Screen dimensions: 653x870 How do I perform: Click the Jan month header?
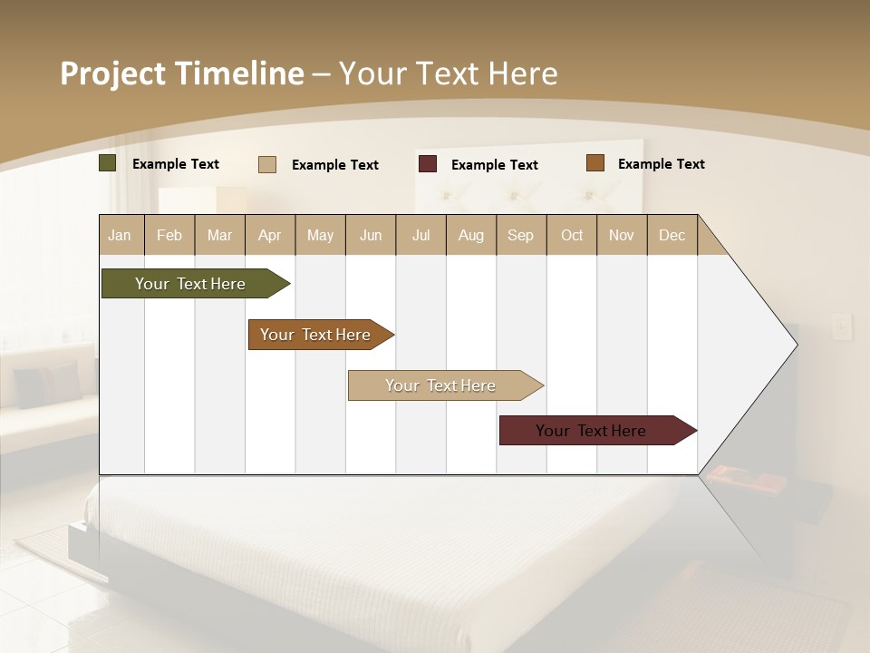coord(121,235)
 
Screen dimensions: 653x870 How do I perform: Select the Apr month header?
coord(270,235)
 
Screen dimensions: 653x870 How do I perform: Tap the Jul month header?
coord(420,235)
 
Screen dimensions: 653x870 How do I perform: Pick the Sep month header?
coord(521,235)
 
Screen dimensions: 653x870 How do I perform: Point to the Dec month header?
coord(672,235)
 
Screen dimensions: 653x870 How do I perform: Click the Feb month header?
coord(169,235)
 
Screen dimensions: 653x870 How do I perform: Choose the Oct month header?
coord(572,235)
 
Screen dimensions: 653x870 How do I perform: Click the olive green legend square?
coord(108,163)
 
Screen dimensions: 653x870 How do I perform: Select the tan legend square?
coord(267,164)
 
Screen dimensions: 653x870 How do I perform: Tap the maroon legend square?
coord(428,164)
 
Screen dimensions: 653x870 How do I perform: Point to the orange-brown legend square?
coord(595,163)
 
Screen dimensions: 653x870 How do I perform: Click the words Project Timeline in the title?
coord(182,73)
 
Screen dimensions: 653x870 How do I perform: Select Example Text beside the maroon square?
coord(494,165)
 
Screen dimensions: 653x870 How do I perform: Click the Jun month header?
coord(371,235)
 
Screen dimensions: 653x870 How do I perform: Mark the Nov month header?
coord(622,235)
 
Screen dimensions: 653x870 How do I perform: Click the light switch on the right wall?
coord(842,326)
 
